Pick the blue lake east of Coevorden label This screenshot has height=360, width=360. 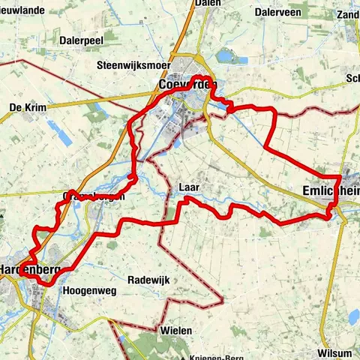(225, 56)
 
